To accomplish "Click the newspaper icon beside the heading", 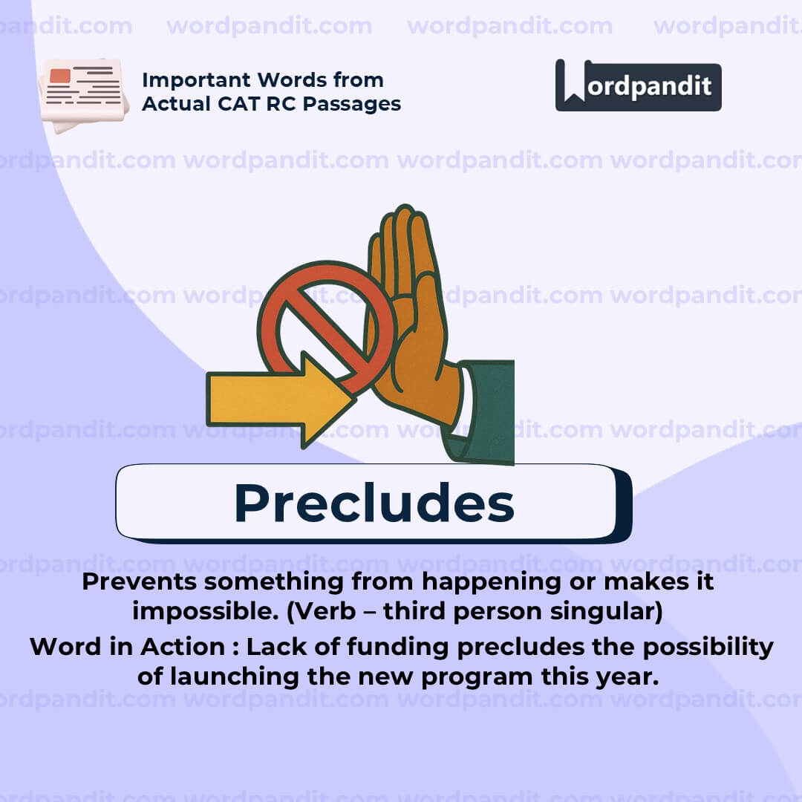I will coord(83,93).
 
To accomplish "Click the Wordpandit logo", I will coord(638,85).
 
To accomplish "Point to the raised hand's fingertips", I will coord(404,223).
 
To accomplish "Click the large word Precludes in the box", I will coord(374,503).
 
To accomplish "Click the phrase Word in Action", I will coord(127,647).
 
